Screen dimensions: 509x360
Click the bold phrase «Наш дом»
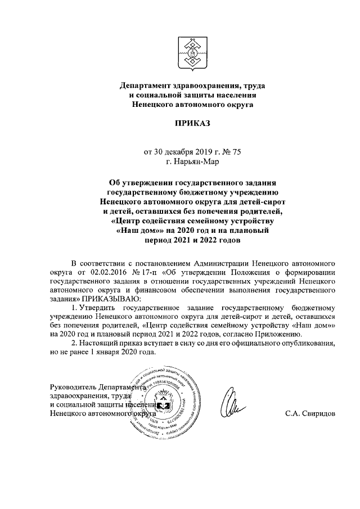click(139, 231)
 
